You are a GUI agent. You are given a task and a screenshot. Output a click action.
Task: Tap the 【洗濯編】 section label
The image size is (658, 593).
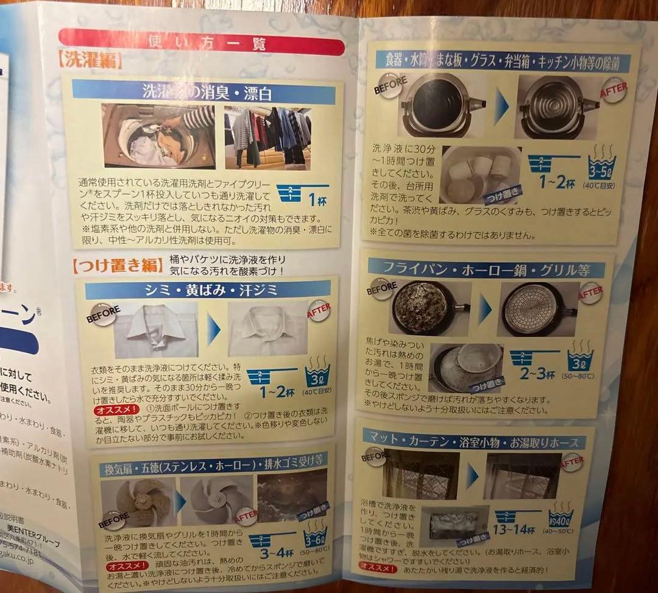(x=91, y=62)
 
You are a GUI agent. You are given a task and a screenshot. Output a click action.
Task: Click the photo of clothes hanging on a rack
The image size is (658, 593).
(x=268, y=138)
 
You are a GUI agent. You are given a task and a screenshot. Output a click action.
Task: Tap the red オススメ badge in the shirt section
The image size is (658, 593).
(x=110, y=410)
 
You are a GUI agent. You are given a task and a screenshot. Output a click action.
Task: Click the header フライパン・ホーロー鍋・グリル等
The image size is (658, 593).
(x=486, y=269)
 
